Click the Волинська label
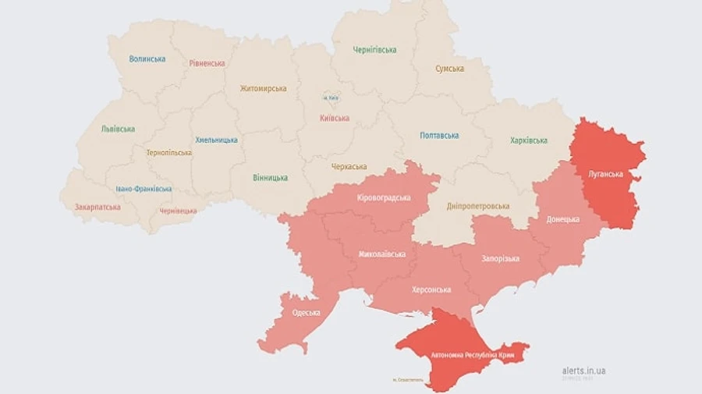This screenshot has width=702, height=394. (147, 59)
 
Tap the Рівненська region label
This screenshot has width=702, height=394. (207, 63)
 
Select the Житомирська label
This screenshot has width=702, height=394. (263, 88)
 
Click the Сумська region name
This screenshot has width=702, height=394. (450, 69)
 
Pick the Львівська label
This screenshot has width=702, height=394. (118, 129)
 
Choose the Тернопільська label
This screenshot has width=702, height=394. (168, 153)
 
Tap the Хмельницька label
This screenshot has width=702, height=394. (216, 140)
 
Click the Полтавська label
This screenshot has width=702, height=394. (439, 135)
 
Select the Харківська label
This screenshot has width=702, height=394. (529, 140)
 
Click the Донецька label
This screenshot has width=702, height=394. (562, 219)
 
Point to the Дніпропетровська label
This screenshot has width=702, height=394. (478, 206)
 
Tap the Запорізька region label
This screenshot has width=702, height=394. (502, 258)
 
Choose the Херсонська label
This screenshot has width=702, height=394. (431, 289)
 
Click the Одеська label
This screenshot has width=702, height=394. (307, 313)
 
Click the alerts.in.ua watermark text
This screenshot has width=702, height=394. (583, 371)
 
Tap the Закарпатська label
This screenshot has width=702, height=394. (97, 208)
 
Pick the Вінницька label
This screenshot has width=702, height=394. (270, 178)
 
